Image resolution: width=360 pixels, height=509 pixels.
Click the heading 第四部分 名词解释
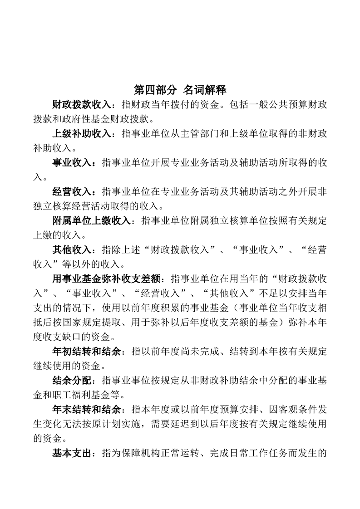pos(180,89)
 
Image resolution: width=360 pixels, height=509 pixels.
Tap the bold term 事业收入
pos(72,163)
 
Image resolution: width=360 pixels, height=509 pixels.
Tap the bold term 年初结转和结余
pos(86,352)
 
